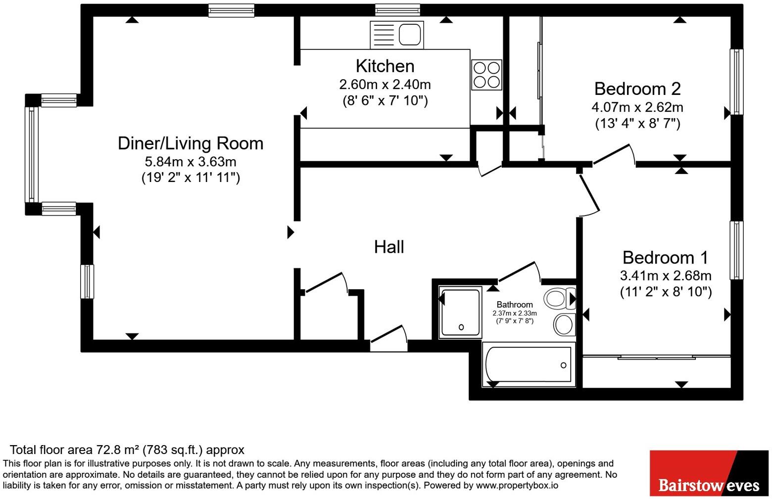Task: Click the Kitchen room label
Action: (x=385, y=66)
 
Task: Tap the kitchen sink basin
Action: (x=410, y=35)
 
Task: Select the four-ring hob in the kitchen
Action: (x=486, y=75)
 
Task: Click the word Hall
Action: (x=389, y=247)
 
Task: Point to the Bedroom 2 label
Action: (x=637, y=89)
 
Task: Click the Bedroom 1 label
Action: (x=665, y=258)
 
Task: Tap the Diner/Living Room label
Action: (x=191, y=143)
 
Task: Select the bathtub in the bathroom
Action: (x=529, y=364)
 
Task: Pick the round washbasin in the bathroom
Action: (x=564, y=324)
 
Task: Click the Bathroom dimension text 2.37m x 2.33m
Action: (x=515, y=314)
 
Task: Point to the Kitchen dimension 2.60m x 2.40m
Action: (x=385, y=85)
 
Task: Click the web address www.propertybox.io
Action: (x=517, y=486)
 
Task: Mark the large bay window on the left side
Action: (x=32, y=154)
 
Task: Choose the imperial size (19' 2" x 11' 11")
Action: (x=191, y=178)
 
